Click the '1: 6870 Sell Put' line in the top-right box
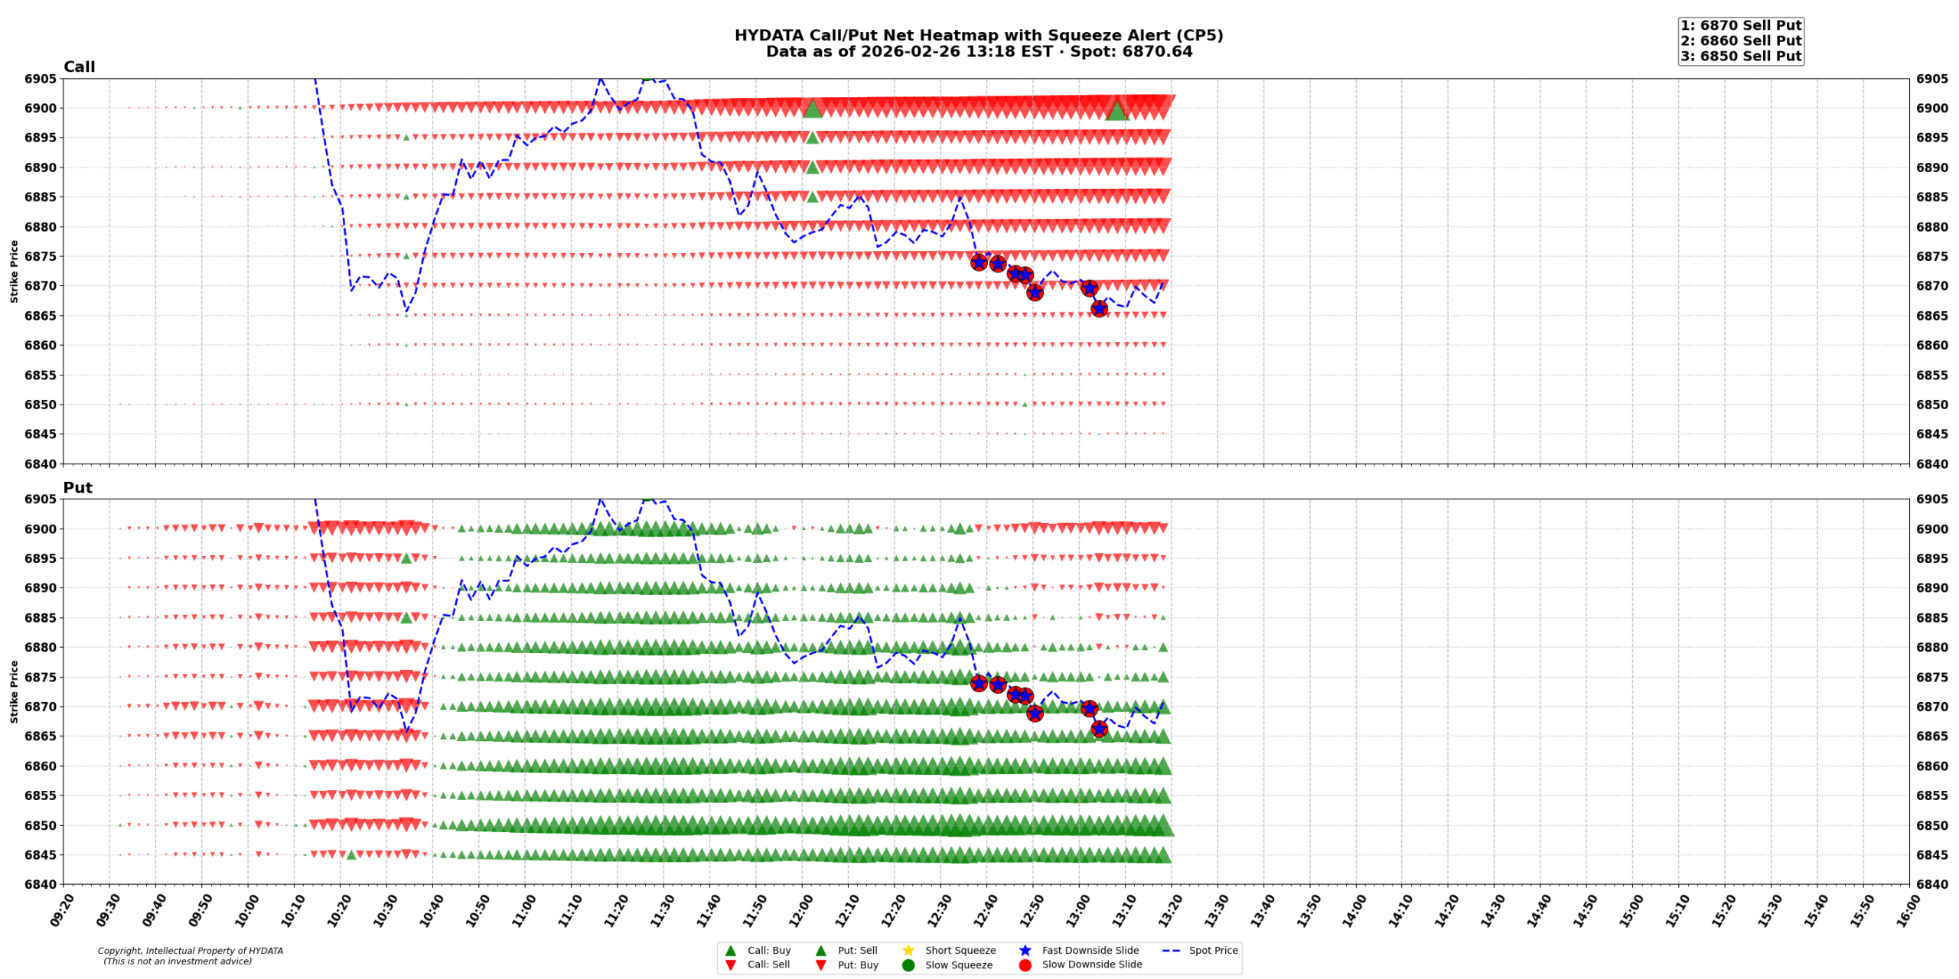(x=1740, y=25)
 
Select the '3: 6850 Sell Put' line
(x=1740, y=56)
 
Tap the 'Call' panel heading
(x=79, y=67)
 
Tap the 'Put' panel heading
(x=77, y=487)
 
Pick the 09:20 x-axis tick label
(x=61, y=910)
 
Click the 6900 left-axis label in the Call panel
(x=41, y=108)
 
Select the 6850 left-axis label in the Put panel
(x=41, y=825)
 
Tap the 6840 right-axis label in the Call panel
(x=1931, y=463)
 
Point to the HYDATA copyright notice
(x=190, y=955)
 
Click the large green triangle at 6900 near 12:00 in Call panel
(x=812, y=109)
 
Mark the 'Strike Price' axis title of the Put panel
(x=14, y=691)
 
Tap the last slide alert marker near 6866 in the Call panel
(x=1098, y=308)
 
